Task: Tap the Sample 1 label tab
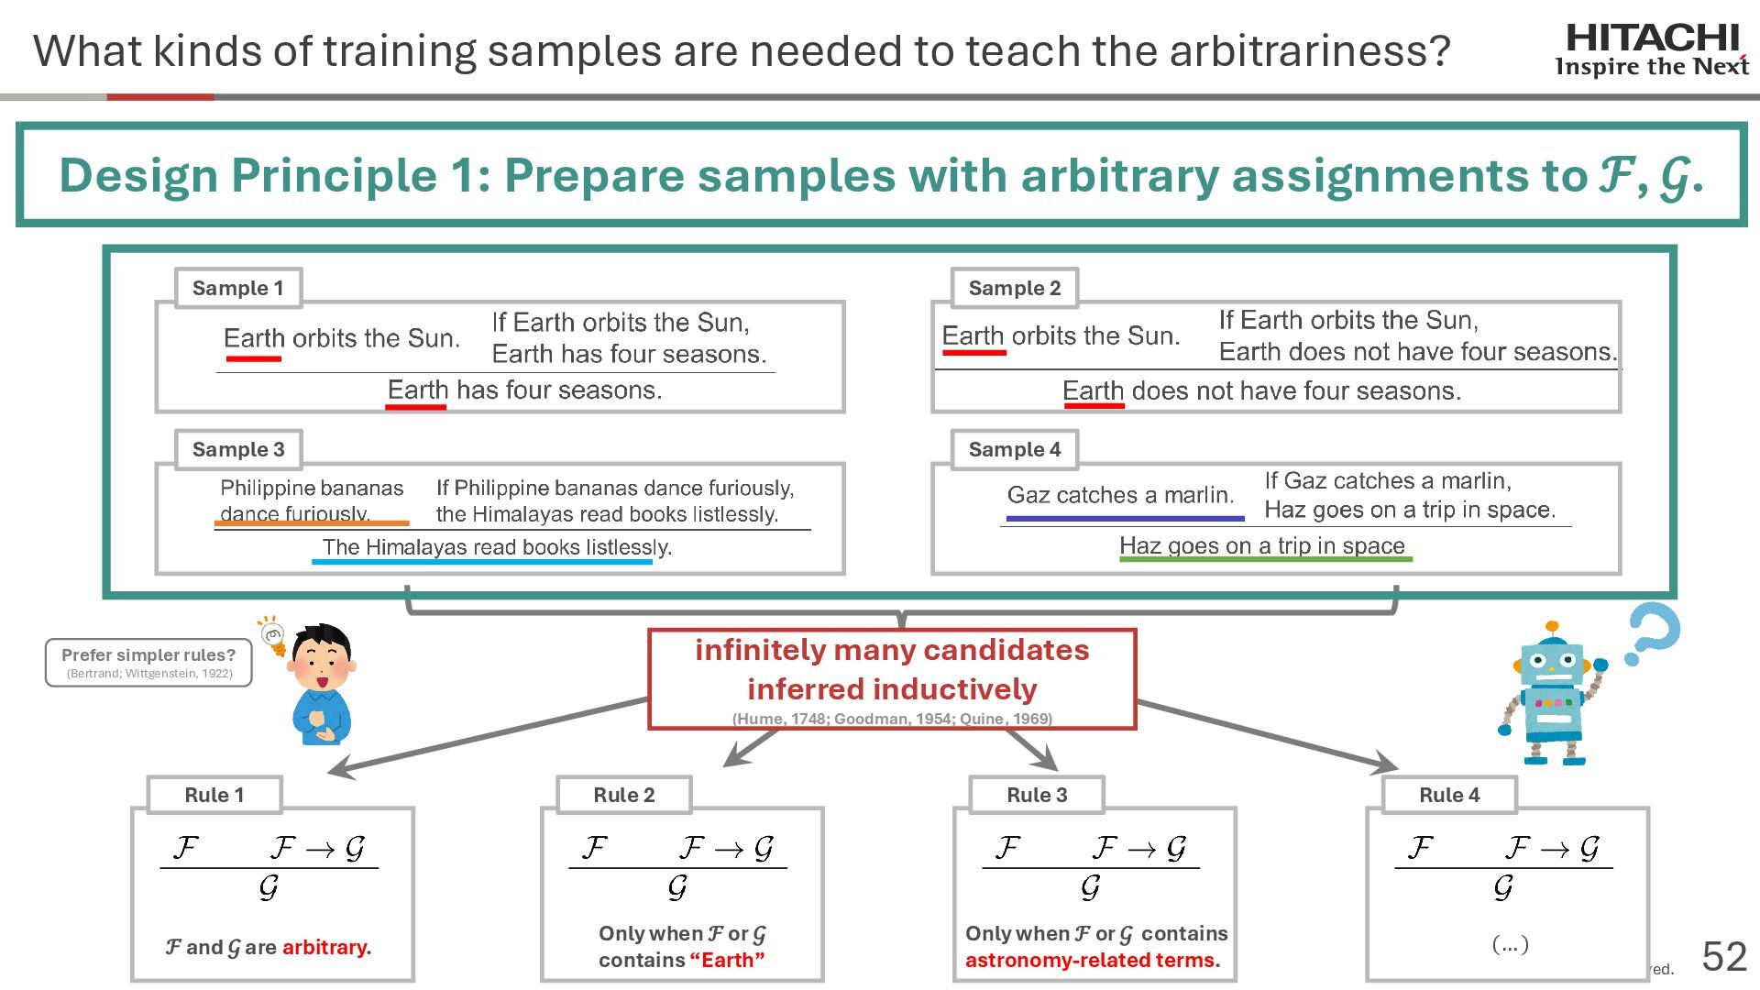pos(237,288)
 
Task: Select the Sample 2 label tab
pos(1014,288)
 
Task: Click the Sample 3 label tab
pos(238,449)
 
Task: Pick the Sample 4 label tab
pos(1014,449)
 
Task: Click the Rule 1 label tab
pos(214,795)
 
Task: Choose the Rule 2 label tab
pos(624,795)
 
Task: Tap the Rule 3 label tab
pos(1037,795)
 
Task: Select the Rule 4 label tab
pos(1449,795)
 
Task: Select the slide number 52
pos(1724,957)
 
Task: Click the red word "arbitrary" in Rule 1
pos(324,947)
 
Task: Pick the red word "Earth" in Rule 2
pos(727,960)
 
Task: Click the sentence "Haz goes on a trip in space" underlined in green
pos(1262,545)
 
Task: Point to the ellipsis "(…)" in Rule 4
pos(1510,943)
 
